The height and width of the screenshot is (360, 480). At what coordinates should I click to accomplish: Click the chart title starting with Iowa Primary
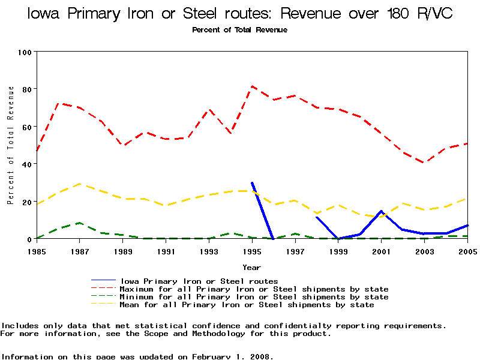click(x=240, y=14)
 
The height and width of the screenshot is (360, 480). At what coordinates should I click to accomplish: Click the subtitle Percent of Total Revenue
click(x=239, y=30)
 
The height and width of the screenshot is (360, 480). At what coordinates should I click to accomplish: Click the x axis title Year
click(x=251, y=267)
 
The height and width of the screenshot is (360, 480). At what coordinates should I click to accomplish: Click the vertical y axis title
click(x=11, y=145)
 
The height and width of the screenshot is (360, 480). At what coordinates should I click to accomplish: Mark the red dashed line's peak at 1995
click(x=252, y=86)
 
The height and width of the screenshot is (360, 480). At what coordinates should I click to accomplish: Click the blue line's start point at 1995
click(x=252, y=182)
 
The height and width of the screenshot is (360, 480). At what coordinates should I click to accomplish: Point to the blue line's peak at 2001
click(x=381, y=211)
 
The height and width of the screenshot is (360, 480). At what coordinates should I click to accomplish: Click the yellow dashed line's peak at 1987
click(x=80, y=184)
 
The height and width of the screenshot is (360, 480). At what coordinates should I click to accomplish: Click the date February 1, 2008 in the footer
click(x=232, y=356)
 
